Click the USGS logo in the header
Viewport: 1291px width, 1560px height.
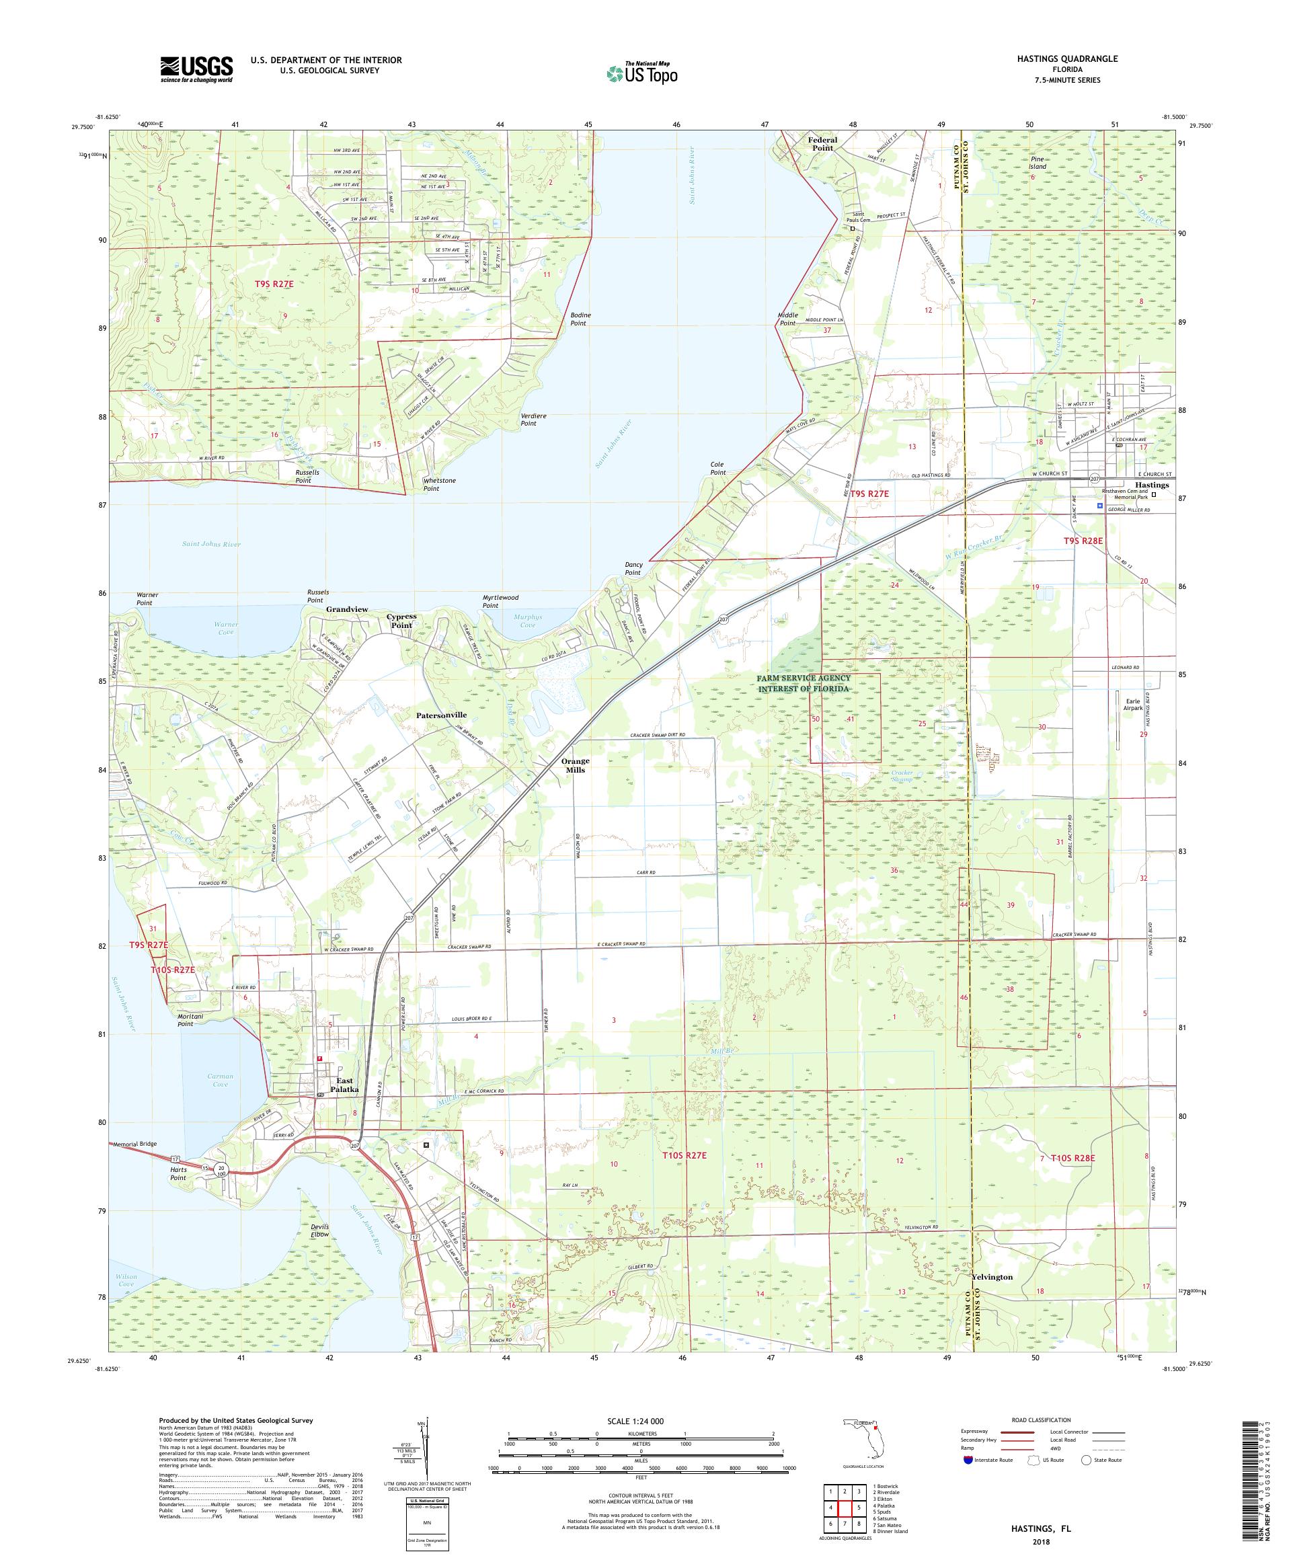coord(196,70)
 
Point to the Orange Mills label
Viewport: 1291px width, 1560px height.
coord(575,765)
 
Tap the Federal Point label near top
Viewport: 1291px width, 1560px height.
coord(822,143)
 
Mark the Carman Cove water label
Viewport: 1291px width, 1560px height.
coord(221,1079)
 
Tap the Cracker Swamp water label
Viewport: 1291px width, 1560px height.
coord(902,775)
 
